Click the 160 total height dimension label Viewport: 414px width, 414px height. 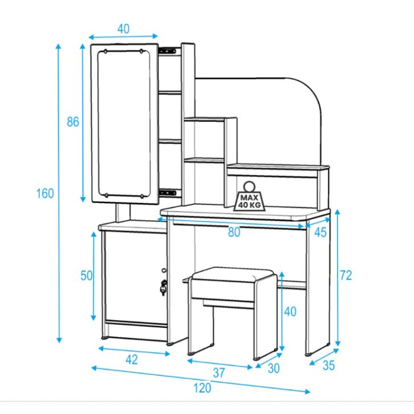45,193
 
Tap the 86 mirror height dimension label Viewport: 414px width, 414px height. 73,122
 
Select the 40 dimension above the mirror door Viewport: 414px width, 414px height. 123,29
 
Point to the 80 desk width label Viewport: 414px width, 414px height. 234,232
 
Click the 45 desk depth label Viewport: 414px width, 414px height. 320,232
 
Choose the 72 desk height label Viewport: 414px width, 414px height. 346,275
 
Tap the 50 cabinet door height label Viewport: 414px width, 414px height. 86,276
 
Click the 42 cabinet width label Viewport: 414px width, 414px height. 132,360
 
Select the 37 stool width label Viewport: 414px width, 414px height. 219,373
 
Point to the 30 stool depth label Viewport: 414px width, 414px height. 274,368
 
